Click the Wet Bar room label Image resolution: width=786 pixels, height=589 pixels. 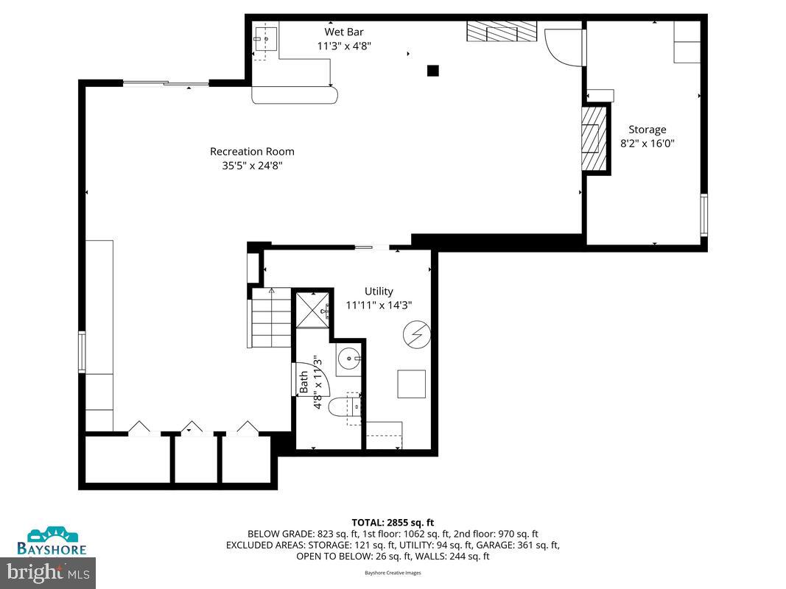[x=344, y=32]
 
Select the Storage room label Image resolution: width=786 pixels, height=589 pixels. [x=647, y=130]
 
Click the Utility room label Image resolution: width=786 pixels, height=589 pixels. [x=379, y=291]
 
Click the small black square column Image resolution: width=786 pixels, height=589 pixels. [x=433, y=71]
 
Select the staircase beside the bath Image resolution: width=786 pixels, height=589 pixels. [x=272, y=319]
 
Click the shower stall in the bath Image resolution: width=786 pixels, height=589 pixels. [x=312, y=308]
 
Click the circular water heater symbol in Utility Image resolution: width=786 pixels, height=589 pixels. [x=416, y=335]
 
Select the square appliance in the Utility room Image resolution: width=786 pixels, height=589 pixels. [x=412, y=384]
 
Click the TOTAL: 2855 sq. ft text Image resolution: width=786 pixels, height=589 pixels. [x=393, y=522]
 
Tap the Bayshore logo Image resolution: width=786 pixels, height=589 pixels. [x=52, y=541]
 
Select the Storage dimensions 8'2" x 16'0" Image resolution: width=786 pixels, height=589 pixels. [x=648, y=143]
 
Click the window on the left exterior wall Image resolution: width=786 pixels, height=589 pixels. [x=82, y=352]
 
